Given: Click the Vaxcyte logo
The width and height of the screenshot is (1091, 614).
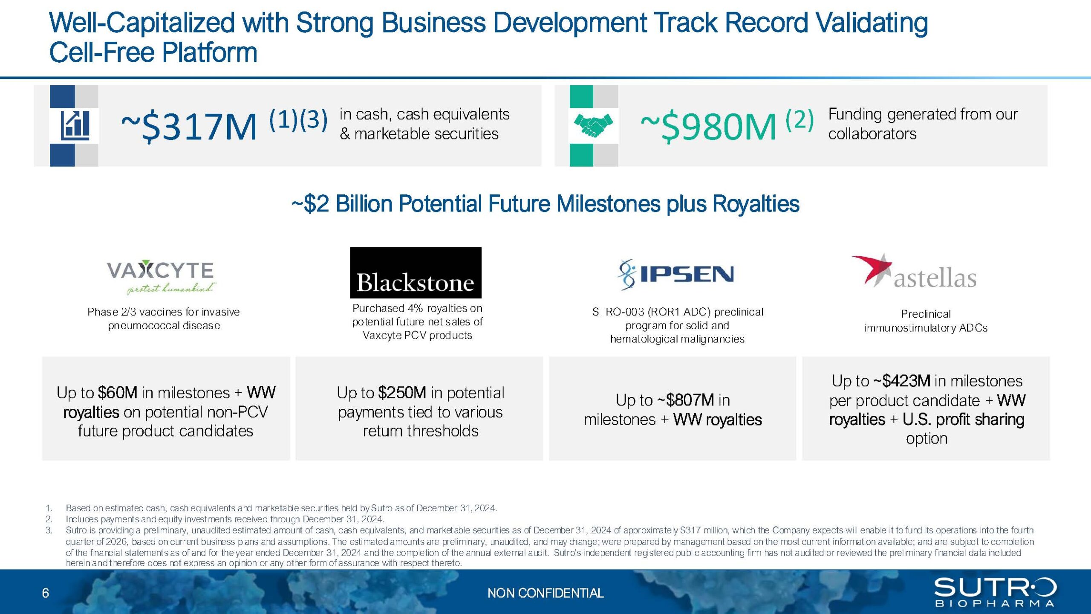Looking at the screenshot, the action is [160, 277].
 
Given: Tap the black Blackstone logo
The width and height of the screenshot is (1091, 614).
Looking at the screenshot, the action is [416, 272].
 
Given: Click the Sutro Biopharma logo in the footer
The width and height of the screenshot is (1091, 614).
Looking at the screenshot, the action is [995, 592].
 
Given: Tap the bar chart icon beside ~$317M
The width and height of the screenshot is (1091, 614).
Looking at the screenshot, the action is [75, 125].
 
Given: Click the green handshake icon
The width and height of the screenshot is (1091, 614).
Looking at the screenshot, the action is [593, 125].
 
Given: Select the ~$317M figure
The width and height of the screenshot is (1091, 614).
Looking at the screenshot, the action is [189, 127].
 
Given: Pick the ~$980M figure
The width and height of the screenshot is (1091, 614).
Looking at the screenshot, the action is [708, 127].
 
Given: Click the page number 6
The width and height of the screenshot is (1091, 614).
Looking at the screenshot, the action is [46, 593].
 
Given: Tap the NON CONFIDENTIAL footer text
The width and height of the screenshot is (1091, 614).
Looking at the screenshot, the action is [545, 593].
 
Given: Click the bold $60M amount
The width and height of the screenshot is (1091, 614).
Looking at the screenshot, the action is [118, 392].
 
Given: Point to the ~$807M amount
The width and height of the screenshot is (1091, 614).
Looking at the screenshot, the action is [686, 400].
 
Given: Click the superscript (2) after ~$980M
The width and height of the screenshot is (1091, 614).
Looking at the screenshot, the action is [799, 119].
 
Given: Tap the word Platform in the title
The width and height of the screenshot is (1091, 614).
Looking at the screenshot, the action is [210, 52].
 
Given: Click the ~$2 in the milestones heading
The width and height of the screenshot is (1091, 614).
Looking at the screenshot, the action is [310, 203].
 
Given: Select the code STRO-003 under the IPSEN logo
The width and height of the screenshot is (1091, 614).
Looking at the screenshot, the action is [618, 312].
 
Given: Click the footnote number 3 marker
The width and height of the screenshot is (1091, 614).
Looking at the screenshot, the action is [49, 530].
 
